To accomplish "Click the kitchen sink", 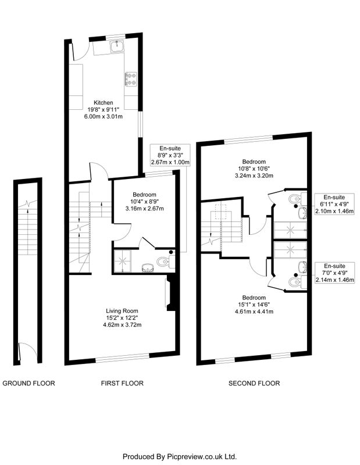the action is point(117,46).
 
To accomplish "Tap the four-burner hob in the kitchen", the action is point(131,79).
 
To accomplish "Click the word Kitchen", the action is point(104,103).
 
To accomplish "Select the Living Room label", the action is point(122,311).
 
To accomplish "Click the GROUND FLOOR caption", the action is point(28,383).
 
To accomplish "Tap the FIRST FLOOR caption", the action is point(122,383).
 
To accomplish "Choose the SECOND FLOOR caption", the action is point(254,383).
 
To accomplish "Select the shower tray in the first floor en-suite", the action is point(122,261).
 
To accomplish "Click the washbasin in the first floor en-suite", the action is point(147,267).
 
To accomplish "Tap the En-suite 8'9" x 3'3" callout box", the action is point(170,155).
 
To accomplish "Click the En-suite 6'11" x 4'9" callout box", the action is point(334,204).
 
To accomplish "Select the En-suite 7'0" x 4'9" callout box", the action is point(334,273).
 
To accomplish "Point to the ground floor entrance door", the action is point(27,353).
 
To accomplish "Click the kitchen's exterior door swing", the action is point(80,51).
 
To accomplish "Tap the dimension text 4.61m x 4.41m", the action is point(254,312).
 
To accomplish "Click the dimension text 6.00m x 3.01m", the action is point(104,117).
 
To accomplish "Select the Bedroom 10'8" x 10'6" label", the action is point(254,169).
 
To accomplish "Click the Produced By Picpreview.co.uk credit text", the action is point(180,456).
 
